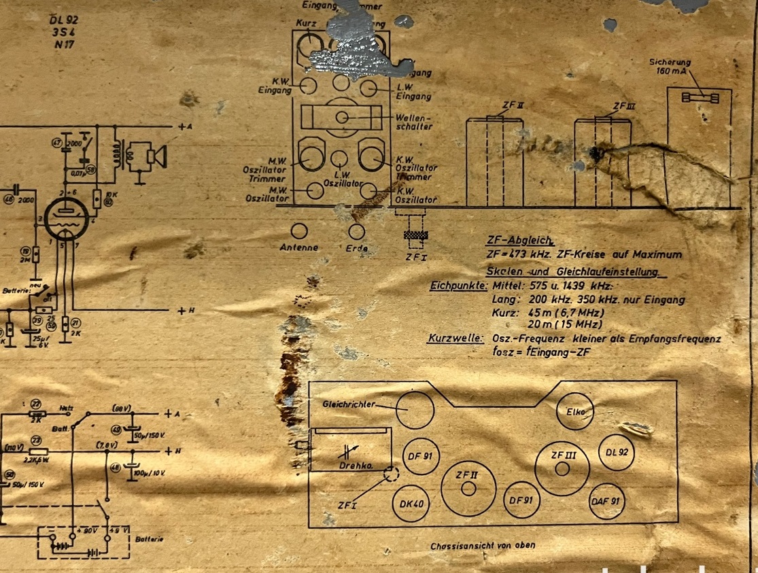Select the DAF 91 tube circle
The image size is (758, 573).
click(x=605, y=501)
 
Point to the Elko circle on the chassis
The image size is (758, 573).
click(x=574, y=412)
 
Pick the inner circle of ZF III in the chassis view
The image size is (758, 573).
click(x=562, y=469)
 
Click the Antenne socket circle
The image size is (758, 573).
click(x=299, y=231)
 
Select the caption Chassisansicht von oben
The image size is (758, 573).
click(x=482, y=545)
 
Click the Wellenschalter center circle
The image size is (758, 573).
click(x=343, y=117)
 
